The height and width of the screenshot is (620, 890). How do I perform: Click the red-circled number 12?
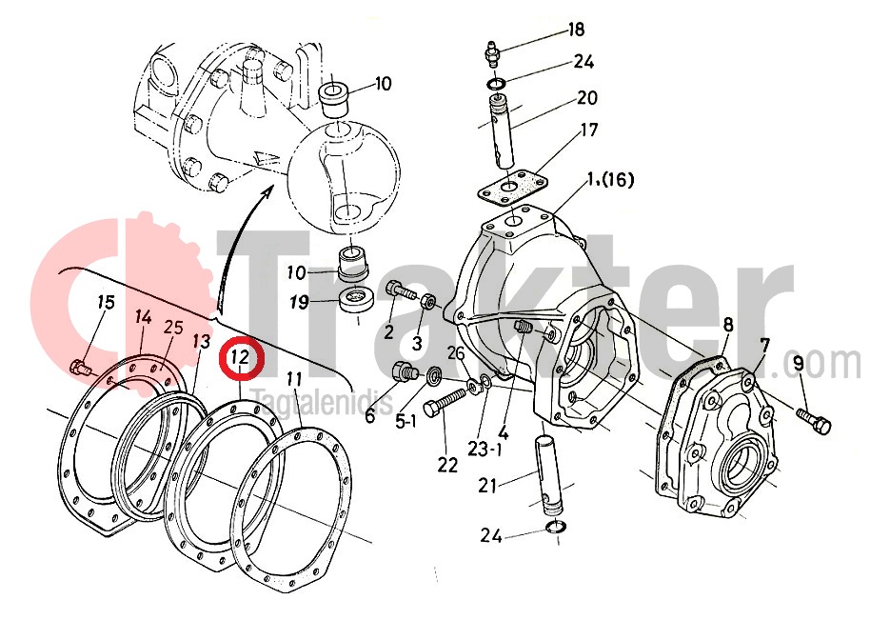240,358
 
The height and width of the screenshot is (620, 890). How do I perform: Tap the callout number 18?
576,30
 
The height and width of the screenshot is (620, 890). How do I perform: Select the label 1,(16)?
610,180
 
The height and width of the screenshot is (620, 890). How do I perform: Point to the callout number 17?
588,130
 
